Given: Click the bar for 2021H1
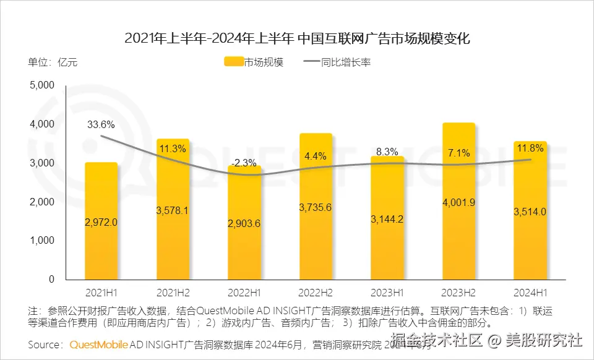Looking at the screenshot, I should tap(101, 221).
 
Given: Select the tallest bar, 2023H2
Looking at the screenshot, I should tap(458, 201).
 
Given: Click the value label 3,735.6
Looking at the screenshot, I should tap(316, 207).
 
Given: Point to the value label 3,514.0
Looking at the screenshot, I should tap(530, 212).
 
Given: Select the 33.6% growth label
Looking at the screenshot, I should tap(101, 124).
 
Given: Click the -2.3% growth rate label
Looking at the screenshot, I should tap(244, 163).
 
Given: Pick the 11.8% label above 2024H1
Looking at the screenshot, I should tap(530, 148).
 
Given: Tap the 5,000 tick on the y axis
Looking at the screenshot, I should tap(42, 85).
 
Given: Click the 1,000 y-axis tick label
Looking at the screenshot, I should tap(42, 241).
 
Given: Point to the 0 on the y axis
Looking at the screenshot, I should tap(51, 280).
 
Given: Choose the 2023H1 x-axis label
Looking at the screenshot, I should tap(387, 291).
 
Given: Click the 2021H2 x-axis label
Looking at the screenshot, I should tap(173, 291).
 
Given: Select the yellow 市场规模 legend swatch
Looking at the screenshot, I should tap(233, 62).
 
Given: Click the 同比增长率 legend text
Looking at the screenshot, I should tap(346, 62).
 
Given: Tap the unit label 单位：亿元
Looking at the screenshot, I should tap(53, 62).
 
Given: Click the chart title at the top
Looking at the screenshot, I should tap(297, 38).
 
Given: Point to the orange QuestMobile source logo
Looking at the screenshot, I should tap(99, 344).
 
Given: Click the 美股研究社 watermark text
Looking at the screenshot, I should tap(544, 340).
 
